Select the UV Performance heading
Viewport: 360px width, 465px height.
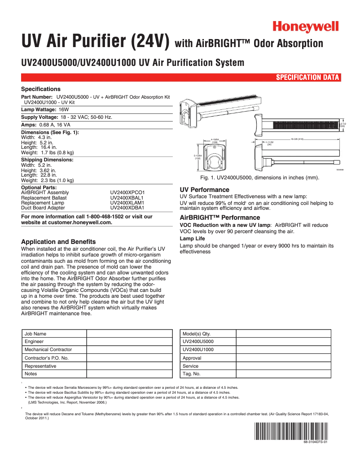[204, 190]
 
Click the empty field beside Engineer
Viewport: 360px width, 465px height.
[129, 342]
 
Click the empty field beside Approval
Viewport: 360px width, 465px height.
[283, 358]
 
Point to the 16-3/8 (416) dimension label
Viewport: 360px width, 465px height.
[297, 139]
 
